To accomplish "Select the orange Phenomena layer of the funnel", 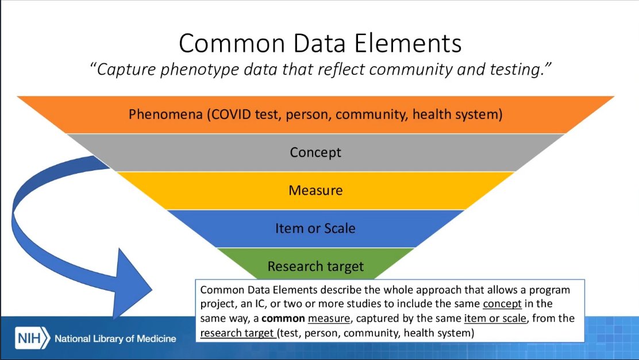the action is (x=315, y=114).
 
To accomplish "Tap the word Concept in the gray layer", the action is (x=315, y=152).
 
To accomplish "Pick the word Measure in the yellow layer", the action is (x=315, y=190).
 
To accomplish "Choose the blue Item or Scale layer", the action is (x=315, y=228).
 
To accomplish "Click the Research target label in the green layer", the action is (x=315, y=266).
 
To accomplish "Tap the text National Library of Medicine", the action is (x=115, y=339).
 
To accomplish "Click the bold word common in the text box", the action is (x=286, y=318).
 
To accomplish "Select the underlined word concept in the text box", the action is (x=502, y=304).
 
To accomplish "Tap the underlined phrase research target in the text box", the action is (x=237, y=332).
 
